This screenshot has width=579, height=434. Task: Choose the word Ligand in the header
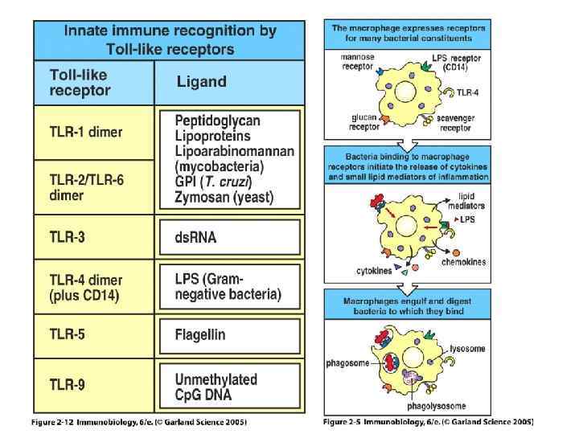point(201,82)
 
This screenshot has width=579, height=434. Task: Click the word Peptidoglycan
point(217,121)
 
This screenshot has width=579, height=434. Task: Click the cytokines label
point(373,271)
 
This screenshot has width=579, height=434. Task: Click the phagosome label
point(348,363)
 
